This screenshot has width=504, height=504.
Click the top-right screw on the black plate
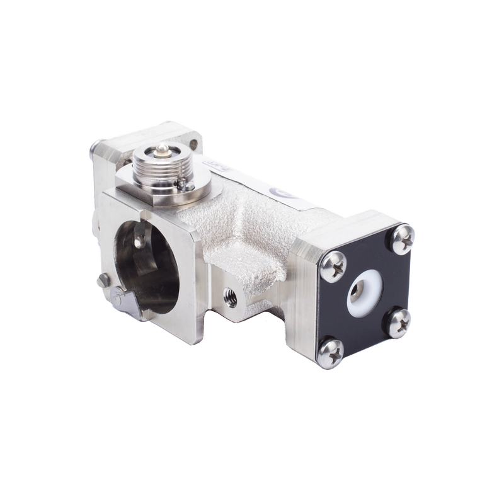[x=401, y=238]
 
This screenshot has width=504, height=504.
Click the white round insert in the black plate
[x=366, y=290]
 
